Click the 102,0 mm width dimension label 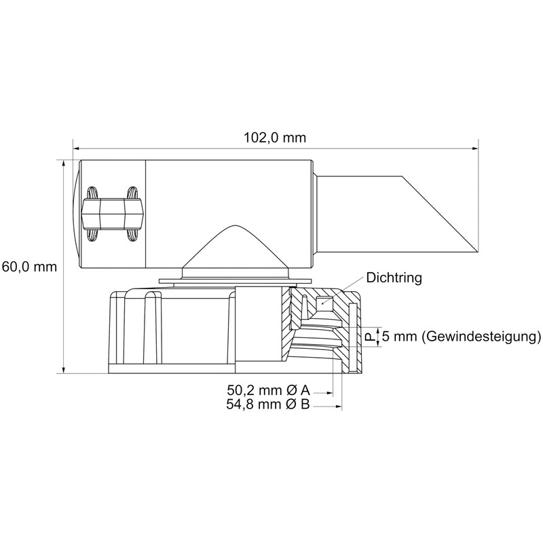(x=275, y=138)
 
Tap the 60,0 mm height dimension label (x=29, y=267)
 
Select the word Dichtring (x=394, y=278)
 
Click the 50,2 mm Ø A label (x=268, y=390)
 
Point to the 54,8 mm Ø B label (x=268, y=404)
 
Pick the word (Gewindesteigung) (x=481, y=336)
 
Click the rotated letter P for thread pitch (x=371, y=337)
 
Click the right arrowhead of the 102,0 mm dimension (x=475, y=149)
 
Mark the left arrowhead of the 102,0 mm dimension (x=76, y=149)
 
